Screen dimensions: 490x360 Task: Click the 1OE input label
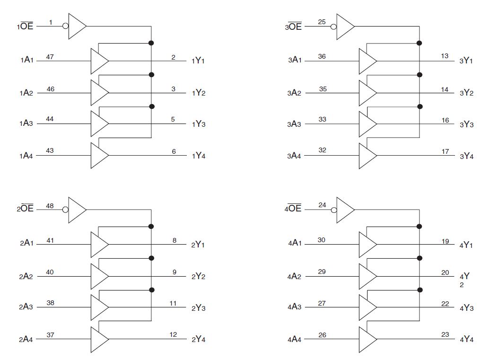(x=25, y=26)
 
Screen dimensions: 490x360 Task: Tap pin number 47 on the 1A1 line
(x=50, y=57)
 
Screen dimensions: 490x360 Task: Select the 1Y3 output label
(x=199, y=124)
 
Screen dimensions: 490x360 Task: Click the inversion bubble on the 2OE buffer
(x=65, y=210)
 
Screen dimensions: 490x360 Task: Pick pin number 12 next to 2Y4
(x=173, y=334)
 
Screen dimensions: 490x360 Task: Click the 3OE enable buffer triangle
(x=345, y=26)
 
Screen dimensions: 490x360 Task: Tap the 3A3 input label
(x=294, y=124)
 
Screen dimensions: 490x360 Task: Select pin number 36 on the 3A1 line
(x=322, y=56)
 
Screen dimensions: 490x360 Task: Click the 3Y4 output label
(x=466, y=156)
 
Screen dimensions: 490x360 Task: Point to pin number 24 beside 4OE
(x=322, y=205)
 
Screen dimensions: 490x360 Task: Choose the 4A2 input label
(x=294, y=277)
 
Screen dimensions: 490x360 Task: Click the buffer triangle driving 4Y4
(x=368, y=339)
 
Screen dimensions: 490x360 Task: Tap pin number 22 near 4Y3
(x=445, y=304)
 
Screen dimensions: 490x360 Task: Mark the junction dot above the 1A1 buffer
(x=151, y=43)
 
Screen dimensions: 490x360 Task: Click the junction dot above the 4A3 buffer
(x=420, y=290)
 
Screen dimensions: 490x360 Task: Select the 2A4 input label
(x=26, y=339)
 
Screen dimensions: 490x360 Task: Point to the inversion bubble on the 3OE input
(x=333, y=26)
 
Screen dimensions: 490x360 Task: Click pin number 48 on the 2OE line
(x=50, y=206)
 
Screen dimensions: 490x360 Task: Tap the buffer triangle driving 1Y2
(x=100, y=93)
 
